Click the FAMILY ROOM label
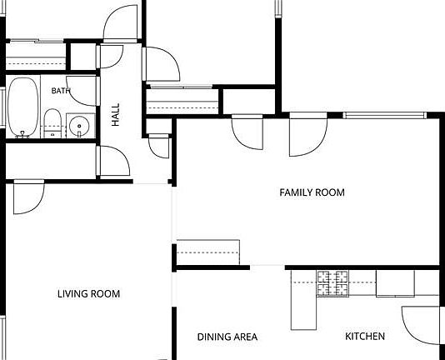(x=312, y=192)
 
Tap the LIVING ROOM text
(x=89, y=293)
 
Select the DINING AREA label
(x=227, y=337)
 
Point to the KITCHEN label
(x=365, y=336)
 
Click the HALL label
(x=116, y=115)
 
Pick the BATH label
(x=61, y=91)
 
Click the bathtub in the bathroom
(x=22, y=107)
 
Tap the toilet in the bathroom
(x=52, y=123)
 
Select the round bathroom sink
(x=79, y=126)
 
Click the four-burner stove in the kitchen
(x=332, y=283)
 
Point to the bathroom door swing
(x=82, y=91)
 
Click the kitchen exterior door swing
(x=420, y=325)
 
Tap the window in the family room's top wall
(x=384, y=115)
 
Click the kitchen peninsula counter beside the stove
(x=303, y=300)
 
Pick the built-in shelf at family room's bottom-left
(x=208, y=252)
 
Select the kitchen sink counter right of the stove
(x=395, y=283)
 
